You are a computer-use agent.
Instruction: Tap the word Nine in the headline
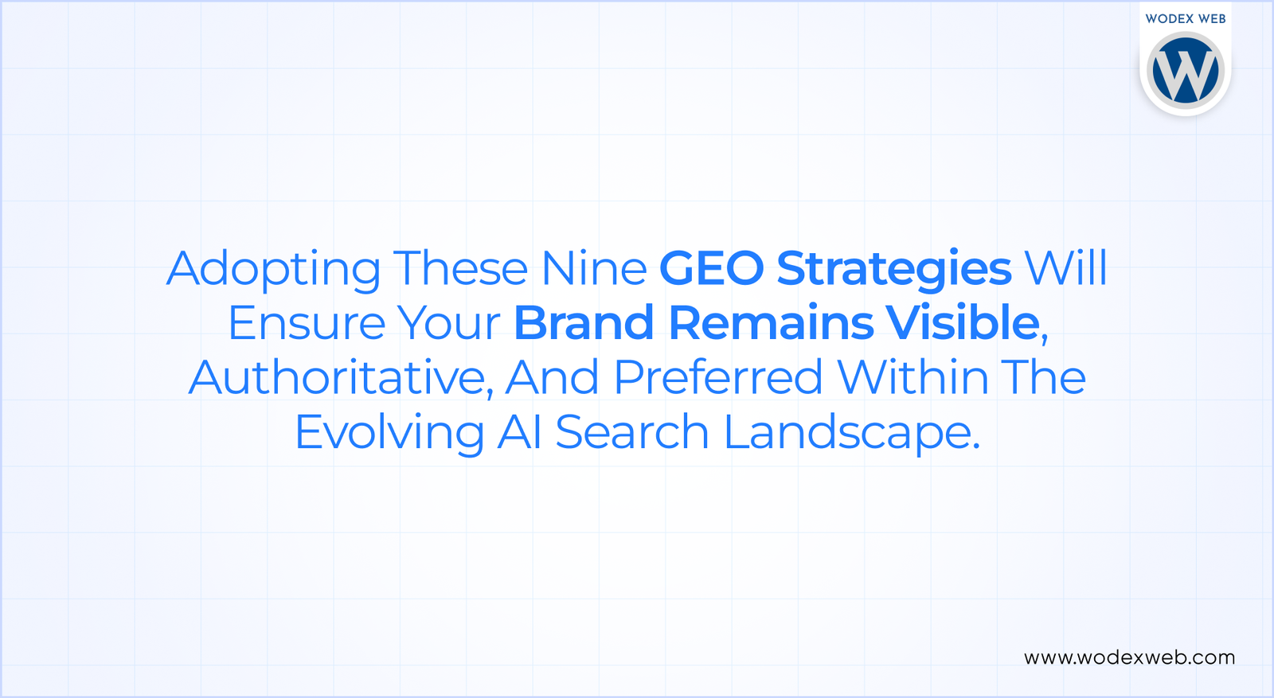coord(593,268)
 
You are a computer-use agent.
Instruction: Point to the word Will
coord(1065,268)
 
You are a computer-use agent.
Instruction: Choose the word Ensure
coord(307,323)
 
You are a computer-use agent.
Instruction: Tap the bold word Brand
coord(584,323)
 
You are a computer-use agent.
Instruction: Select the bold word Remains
coord(771,323)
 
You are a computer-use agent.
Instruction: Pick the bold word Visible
coord(963,323)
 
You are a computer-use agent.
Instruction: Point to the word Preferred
coord(718,378)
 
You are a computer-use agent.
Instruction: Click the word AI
coord(519,433)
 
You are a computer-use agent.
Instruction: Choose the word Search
coord(631,433)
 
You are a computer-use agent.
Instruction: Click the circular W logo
coord(1185,70)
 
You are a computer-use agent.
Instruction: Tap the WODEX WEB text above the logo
coord(1185,18)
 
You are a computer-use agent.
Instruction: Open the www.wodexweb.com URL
coord(1129,657)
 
